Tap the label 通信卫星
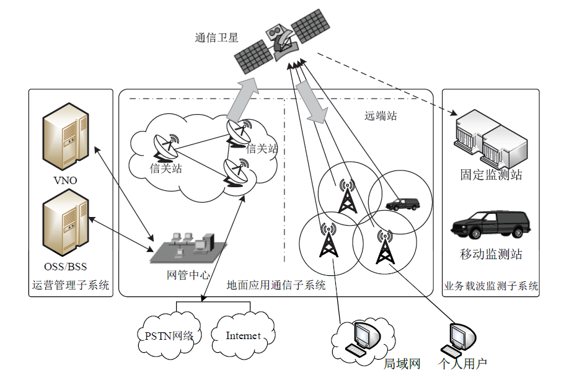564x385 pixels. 216,38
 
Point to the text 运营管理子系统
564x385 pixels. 71,286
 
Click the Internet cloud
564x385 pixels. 243,336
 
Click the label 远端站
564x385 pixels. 381,116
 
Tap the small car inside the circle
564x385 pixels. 402,204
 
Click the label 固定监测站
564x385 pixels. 491,175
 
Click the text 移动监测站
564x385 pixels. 491,254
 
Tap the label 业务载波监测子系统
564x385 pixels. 491,286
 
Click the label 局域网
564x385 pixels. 402,364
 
